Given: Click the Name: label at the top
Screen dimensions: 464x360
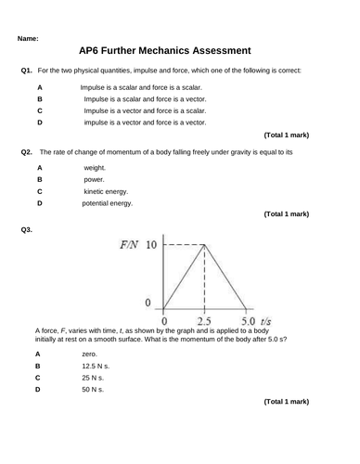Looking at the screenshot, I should (x=28, y=39).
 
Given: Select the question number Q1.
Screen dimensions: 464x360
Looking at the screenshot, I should (x=26, y=71).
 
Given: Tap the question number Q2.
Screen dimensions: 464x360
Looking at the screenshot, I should (x=26, y=151).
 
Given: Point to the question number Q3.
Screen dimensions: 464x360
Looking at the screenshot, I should (x=26, y=229).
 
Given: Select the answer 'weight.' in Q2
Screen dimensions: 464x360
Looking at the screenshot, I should (x=95, y=168).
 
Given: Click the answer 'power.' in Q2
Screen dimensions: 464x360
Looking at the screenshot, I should (x=94, y=179).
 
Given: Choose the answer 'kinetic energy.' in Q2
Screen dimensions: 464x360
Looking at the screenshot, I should (x=107, y=191).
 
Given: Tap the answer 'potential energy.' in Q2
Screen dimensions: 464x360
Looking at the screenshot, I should (x=108, y=203).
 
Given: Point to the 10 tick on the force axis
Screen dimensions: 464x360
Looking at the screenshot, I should (x=152, y=245).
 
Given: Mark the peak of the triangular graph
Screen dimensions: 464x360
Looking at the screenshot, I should (x=204, y=245).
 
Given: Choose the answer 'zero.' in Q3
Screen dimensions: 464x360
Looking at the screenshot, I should (x=89, y=354).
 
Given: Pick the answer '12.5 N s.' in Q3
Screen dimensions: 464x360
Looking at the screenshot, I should (x=95, y=366).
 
